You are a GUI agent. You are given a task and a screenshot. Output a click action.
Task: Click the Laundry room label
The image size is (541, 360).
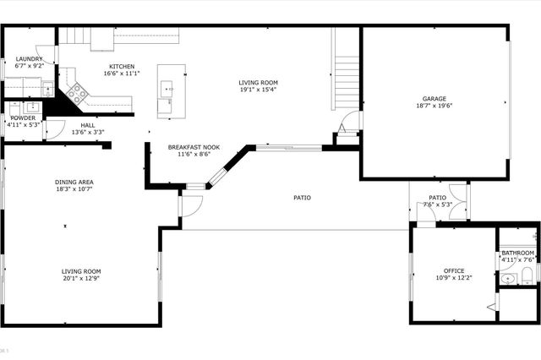coord(28,59)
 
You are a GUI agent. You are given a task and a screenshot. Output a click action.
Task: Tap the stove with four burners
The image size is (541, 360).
coord(77,92)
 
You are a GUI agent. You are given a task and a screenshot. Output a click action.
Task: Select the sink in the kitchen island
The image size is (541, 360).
coord(167,87)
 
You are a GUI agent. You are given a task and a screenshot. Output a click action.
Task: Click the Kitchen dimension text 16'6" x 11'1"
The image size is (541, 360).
coord(121,74)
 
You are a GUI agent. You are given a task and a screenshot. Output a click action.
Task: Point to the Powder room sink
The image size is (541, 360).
coord(31,107)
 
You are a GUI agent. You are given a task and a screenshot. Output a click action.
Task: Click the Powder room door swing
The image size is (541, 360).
coord(53,129)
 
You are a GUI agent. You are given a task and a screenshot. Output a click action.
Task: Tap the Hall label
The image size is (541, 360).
coord(88,125)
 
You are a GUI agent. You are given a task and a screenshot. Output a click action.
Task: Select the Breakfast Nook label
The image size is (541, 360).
coord(194,147)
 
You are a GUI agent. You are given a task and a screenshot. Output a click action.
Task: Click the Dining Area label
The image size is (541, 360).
coord(74,182)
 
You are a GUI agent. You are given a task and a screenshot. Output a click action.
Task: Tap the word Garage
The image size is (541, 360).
coord(434,98)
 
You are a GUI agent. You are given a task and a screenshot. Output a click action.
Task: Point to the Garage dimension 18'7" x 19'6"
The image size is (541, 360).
coord(434,106)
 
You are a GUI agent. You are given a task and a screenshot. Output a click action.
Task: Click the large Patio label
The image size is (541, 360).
coord(302,198)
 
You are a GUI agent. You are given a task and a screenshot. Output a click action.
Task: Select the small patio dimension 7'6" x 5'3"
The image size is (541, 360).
coord(437,205)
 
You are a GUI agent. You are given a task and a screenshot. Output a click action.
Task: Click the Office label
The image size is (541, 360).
coord(455,270)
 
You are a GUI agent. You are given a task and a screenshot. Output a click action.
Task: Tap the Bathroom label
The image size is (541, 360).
coord(517,253)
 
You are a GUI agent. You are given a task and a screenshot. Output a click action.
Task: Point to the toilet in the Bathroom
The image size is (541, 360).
coord(525,276)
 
